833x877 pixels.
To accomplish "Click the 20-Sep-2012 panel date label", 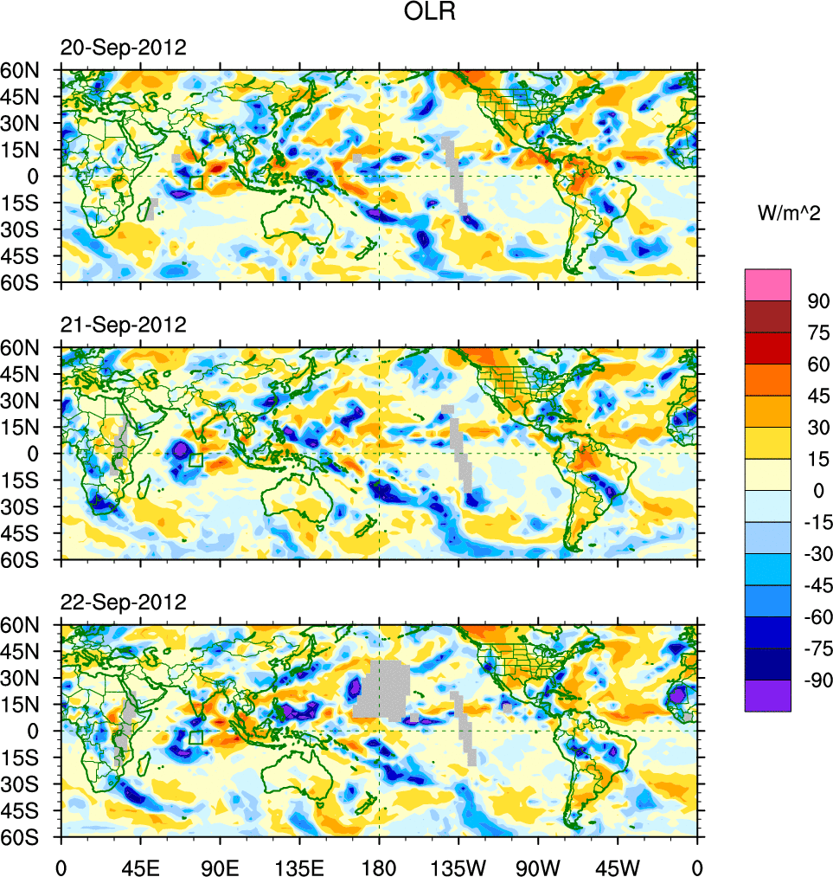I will click(x=123, y=48).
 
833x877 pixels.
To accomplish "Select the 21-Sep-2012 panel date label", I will click(x=123, y=325).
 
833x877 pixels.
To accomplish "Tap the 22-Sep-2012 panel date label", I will click(x=123, y=602).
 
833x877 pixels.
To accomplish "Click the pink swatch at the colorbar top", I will click(x=767, y=284).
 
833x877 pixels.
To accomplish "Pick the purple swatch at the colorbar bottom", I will click(x=767, y=695).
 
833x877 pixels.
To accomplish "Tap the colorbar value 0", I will click(x=814, y=491).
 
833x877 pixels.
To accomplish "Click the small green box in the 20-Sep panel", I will click(x=195, y=183).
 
